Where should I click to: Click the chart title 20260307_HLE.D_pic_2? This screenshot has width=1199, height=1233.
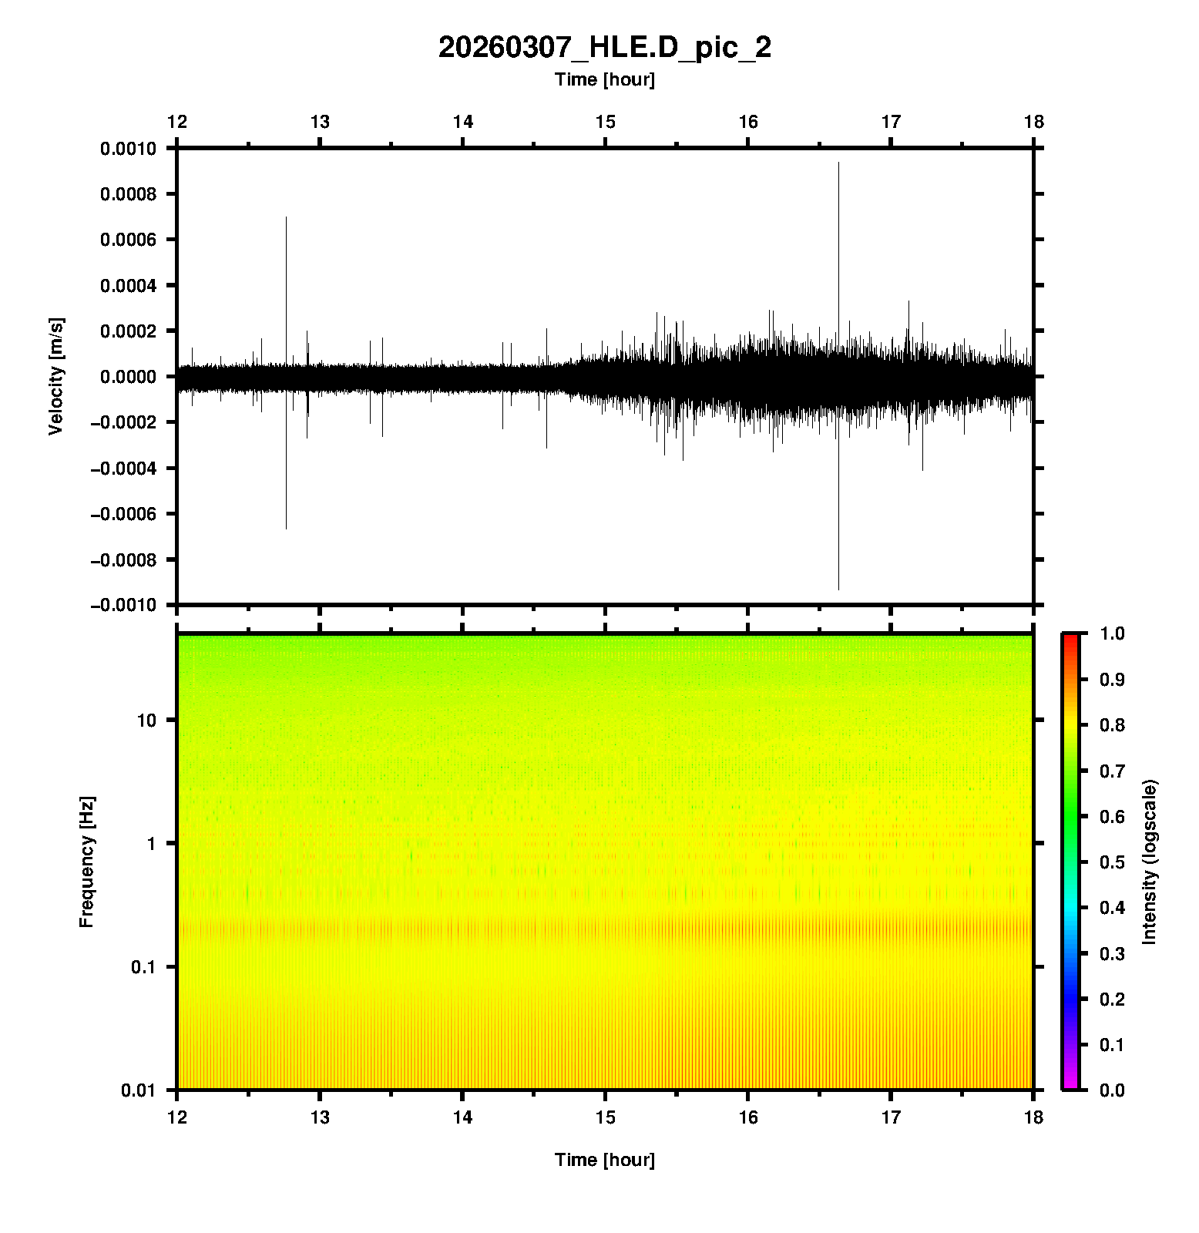pyautogui.click(x=604, y=48)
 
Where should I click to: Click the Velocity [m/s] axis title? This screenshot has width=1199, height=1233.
pyautogui.click(x=55, y=376)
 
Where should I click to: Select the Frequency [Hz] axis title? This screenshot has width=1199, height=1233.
pyautogui.click(x=86, y=862)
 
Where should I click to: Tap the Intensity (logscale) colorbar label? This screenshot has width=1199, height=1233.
pyautogui.click(x=1150, y=862)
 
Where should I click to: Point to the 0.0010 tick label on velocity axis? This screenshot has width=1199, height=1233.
pyautogui.click(x=128, y=149)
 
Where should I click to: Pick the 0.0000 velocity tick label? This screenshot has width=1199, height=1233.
pyautogui.click(x=128, y=377)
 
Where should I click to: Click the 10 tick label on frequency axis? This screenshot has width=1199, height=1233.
pyautogui.click(x=146, y=721)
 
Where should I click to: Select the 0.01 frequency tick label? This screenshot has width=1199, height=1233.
pyautogui.click(x=139, y=1090)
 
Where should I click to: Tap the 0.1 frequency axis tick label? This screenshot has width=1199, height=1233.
pyautogui.click(x=143, y=967)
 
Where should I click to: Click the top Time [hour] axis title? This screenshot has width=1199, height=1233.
pyautogui.click(x=604, y=79)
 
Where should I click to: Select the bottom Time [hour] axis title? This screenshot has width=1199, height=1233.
pyautogui.click(x=604, y=1160)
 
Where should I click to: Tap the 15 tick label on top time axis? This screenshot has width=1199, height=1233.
pyautogui.click(x=605, y=122)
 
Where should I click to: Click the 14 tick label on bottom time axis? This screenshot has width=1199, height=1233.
pyautogui.click(x=462, y=1117)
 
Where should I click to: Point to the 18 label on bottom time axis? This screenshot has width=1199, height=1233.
pyautogui.click(x=1033, y=1117)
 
